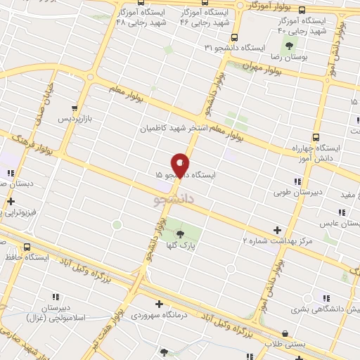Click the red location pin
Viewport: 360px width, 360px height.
tap(181, 165)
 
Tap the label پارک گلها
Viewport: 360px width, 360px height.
tap(181, 245)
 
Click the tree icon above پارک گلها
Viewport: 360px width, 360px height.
tap(181, 234)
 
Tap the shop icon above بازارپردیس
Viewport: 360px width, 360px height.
tap(75, 109)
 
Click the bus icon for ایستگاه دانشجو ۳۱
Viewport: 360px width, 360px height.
tap(234, 38)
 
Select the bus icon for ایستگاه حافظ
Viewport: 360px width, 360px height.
tap(27, 247)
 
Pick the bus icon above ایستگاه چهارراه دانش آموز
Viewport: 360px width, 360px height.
tap(316, 138)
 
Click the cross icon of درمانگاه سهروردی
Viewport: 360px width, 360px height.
tap(160, 304)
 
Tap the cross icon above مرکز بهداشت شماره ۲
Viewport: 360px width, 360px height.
tap(277, 230)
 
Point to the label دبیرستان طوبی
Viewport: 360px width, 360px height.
tap(296, 190)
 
